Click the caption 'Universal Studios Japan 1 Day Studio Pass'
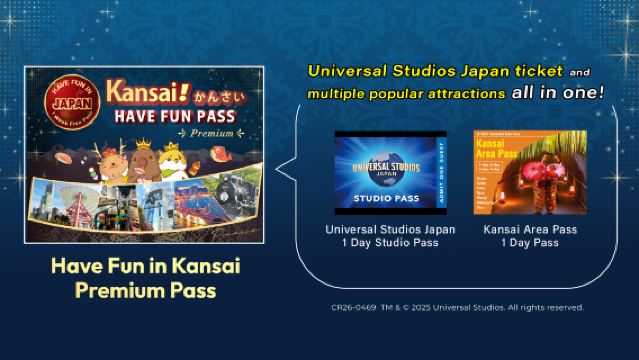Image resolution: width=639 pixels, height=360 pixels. (x=391, y=236)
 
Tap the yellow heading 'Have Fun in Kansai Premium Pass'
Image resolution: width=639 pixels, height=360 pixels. (x=145, y=280)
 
